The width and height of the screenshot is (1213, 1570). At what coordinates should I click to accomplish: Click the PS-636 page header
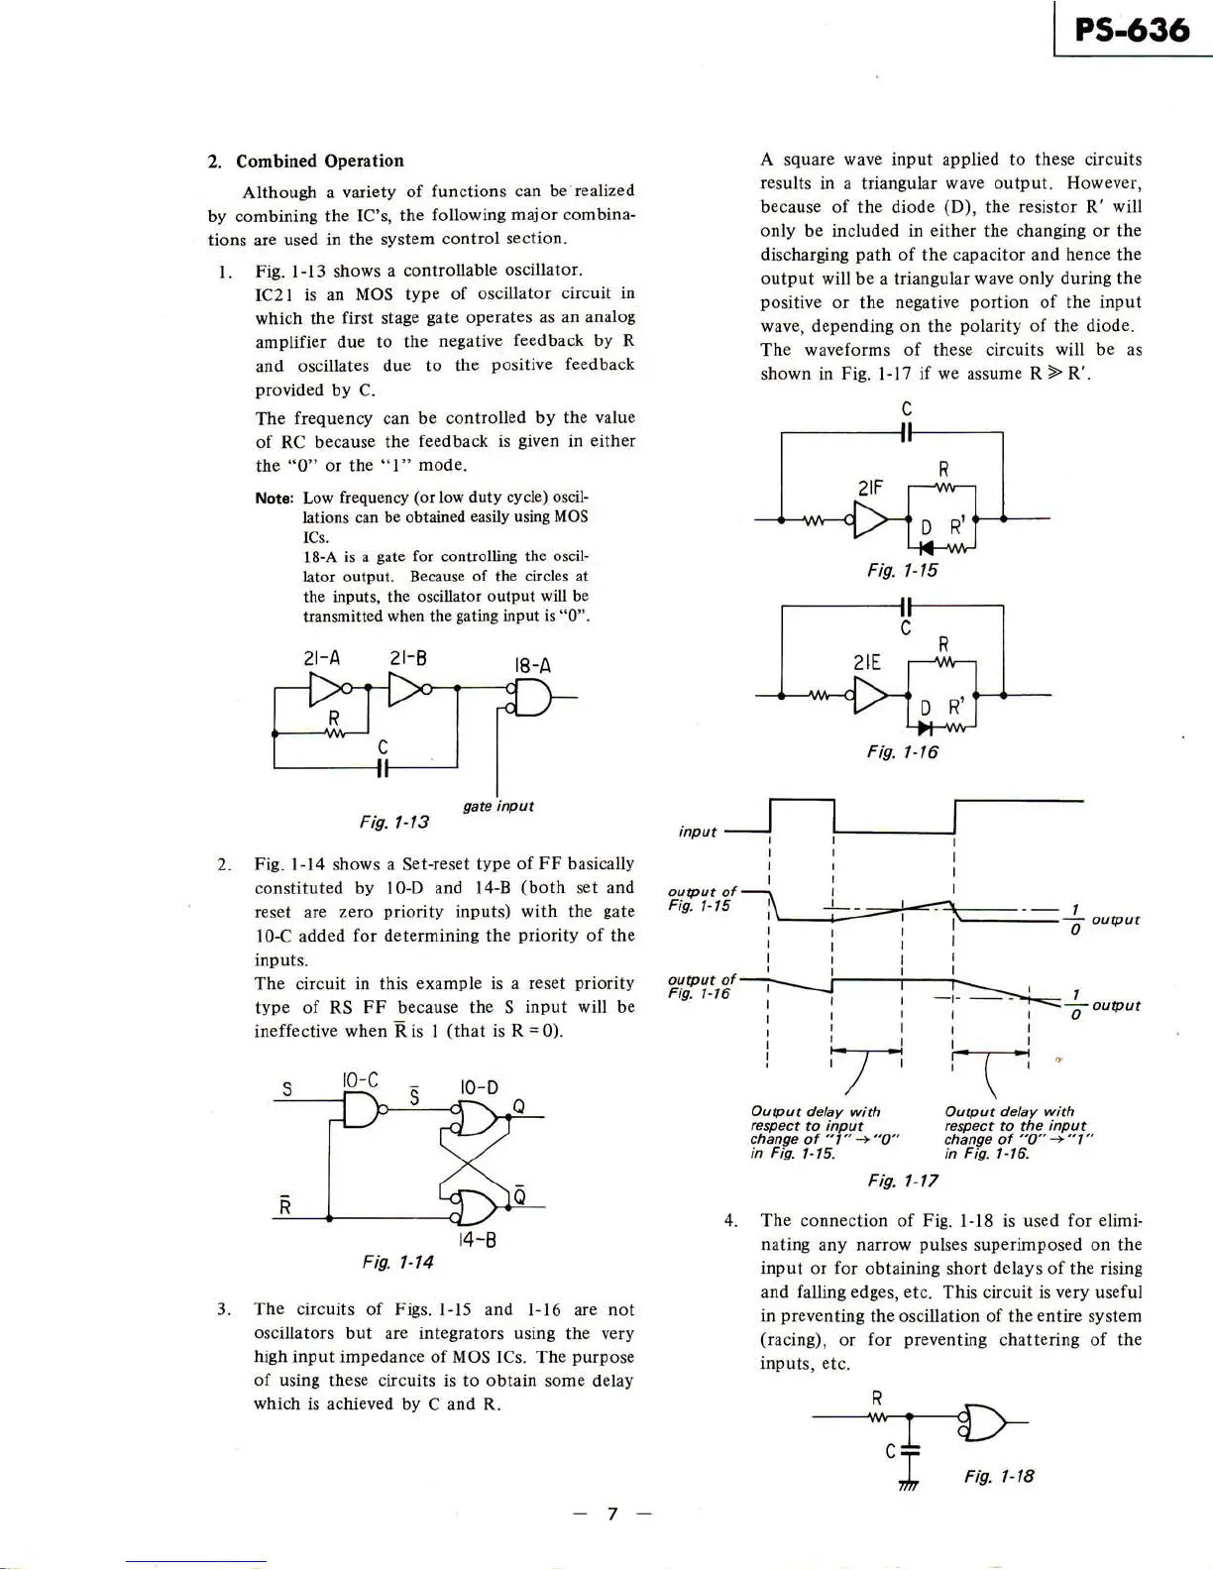pos(1132,29)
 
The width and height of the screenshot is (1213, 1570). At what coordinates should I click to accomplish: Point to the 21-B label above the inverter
pos(408,656)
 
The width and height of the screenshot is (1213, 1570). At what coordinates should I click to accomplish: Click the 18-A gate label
pos(532,666)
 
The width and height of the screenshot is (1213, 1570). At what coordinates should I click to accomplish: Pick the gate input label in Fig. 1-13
pos(498,806)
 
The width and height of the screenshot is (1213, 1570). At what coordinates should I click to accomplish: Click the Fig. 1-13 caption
pos(393,822)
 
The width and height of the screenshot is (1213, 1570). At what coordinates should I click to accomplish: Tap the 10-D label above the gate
pos(479,1087)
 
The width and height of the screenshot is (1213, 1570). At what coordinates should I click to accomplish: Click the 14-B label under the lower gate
pos(477,1240)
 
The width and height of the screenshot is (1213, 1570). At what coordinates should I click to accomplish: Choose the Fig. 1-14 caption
pos(397,1262)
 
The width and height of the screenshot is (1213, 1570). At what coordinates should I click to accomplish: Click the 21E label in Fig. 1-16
pos(867,662)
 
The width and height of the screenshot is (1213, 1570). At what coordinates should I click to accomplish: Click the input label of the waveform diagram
pos(697,832)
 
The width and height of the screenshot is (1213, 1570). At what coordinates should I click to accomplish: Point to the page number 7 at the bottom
pos(612,1514)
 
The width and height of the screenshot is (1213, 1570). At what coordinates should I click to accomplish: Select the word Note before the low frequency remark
pos(274,498)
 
